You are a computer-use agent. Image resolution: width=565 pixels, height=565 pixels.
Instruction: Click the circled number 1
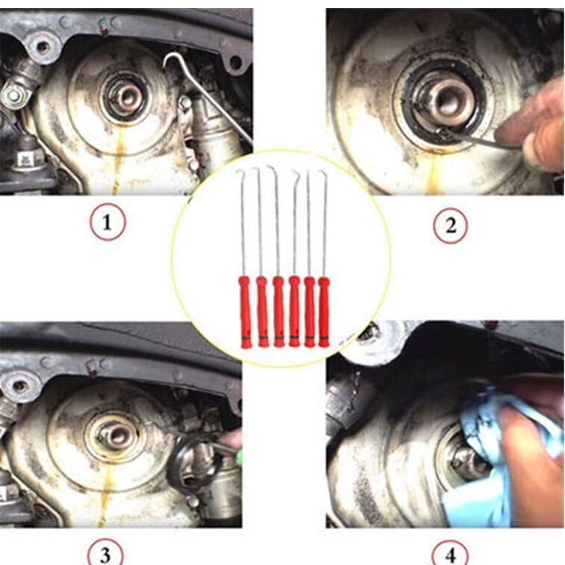tap(108, 222)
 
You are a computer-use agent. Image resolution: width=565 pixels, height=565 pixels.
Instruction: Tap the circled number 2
tap(450, 226)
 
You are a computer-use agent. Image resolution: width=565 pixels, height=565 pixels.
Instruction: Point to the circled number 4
tap(450, 554)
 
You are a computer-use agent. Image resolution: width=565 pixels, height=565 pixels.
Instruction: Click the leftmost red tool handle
tap(246, 312)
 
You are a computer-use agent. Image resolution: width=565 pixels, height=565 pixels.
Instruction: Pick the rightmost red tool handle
tap(324, 312)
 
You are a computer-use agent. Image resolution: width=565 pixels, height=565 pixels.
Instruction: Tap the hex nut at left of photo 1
tap(13, 95)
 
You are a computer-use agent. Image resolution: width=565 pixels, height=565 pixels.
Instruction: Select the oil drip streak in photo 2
tap(433, 172)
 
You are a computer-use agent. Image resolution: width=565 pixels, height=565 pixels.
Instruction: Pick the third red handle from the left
tap(279, 312)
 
